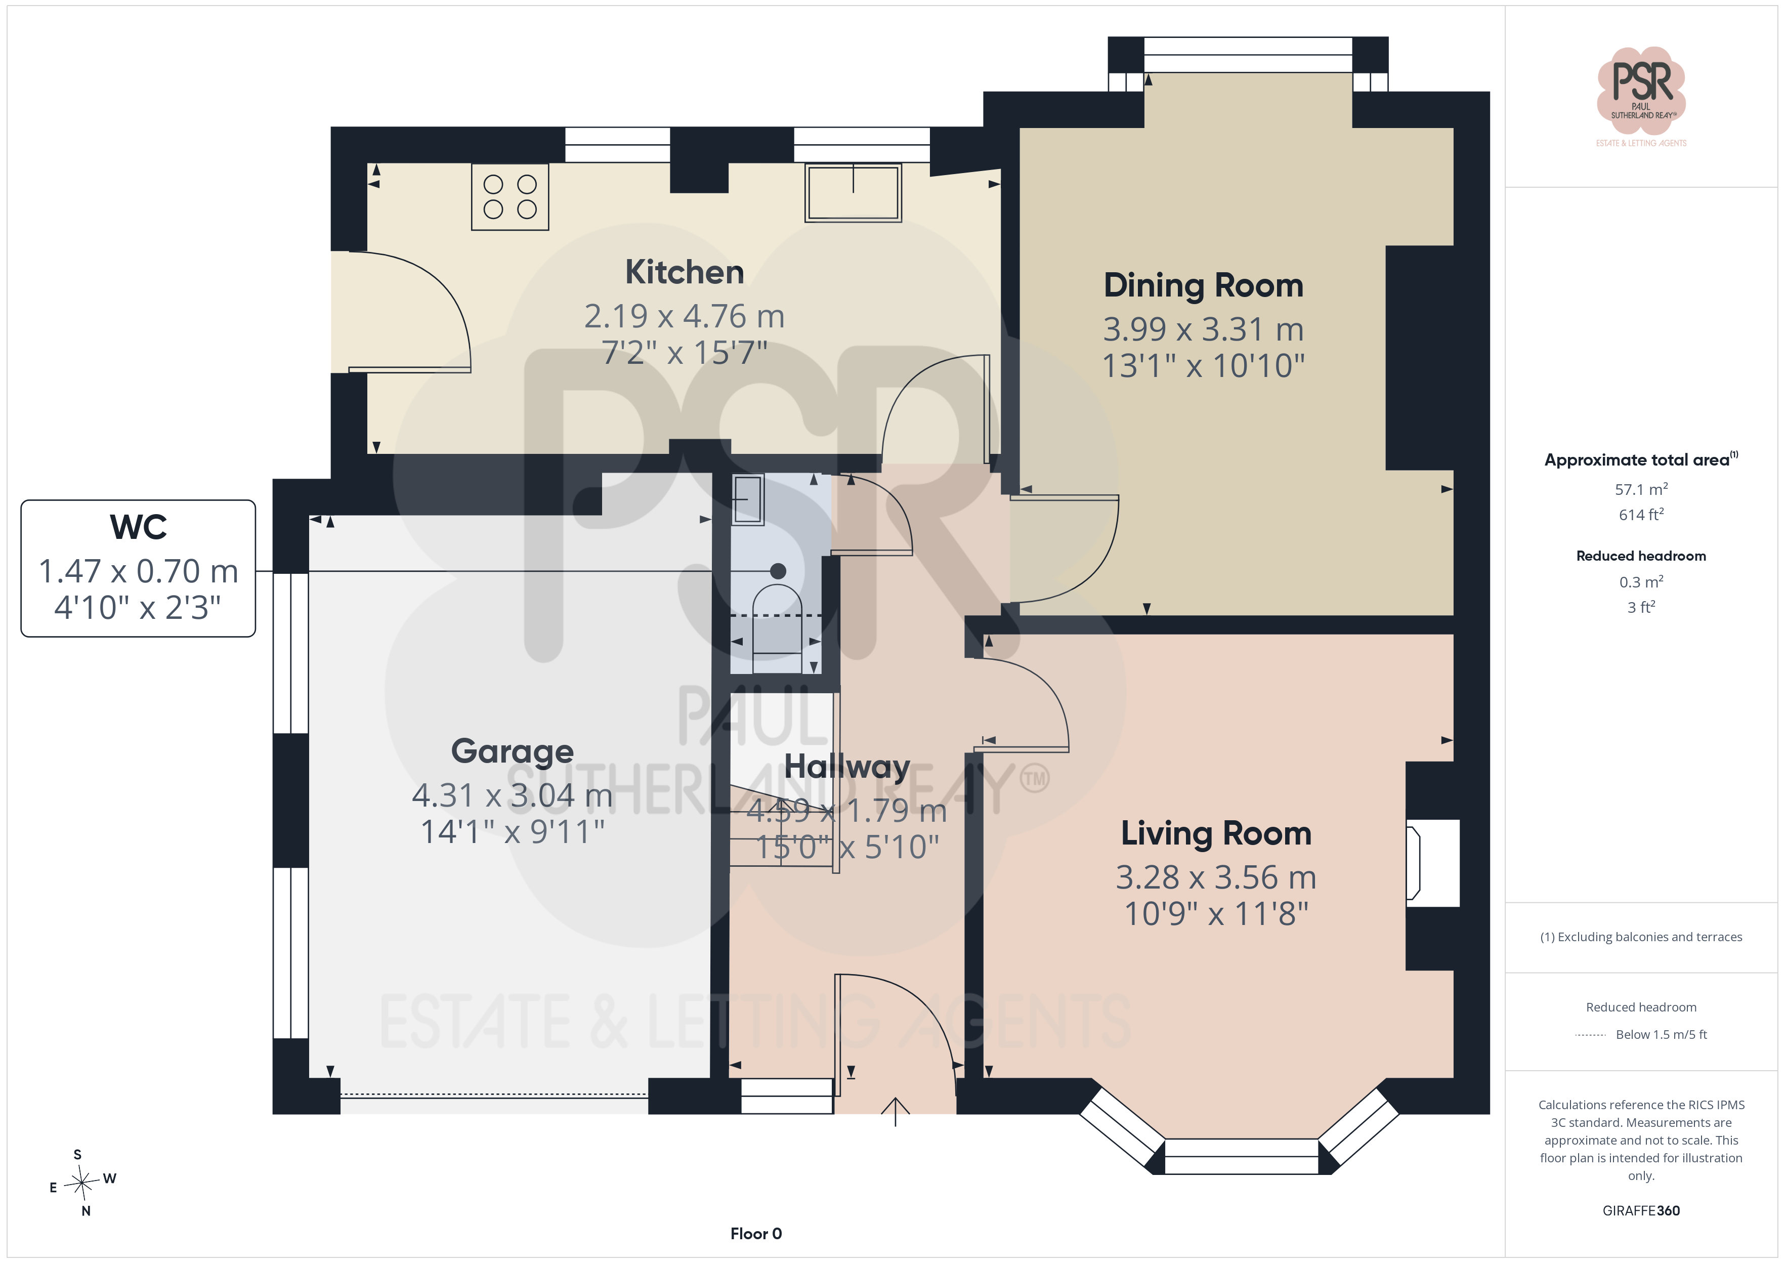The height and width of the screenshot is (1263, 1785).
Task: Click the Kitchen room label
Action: click(684, 272)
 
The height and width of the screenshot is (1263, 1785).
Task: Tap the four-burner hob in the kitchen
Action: click(510, 197)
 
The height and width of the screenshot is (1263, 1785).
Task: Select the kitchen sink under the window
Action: click(853, 193)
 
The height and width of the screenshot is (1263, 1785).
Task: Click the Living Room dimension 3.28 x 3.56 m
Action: click(1216, 877)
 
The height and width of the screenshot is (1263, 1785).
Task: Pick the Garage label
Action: click(513, 751)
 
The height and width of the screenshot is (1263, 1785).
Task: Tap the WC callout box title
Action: click(139, 527)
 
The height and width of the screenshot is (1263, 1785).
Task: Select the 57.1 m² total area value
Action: click(1641, 489)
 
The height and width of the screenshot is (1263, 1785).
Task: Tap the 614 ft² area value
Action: click(1641, 515)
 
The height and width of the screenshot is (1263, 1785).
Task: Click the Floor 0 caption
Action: click(756, 1234)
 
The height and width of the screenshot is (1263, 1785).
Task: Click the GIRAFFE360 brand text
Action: click(1641, 1210)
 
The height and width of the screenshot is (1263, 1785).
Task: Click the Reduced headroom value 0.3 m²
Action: click(1641, 582)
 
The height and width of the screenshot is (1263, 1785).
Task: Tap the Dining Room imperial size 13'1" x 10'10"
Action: click(1204, 365)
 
